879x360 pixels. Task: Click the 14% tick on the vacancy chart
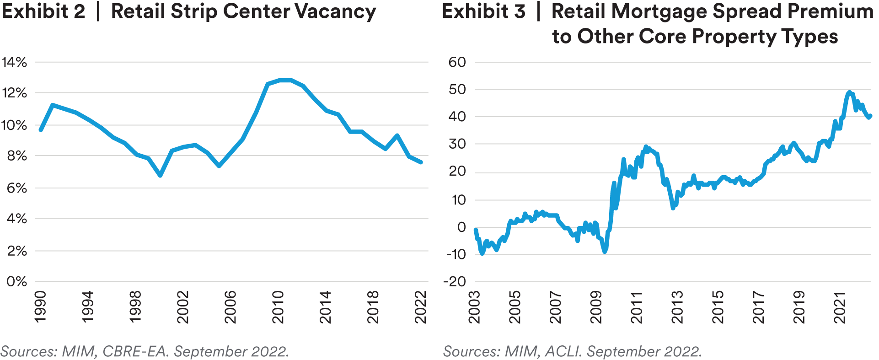pos(14,62)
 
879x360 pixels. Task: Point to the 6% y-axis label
pos(16,188)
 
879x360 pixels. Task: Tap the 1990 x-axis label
pos(40,306)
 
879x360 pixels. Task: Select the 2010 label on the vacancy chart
pos(278,306)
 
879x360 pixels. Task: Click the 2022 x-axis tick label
pos(420,306)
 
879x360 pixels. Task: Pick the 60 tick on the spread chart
pos(457,62)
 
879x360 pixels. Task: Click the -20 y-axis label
pos(454,282)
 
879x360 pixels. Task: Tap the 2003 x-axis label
pos(475,306)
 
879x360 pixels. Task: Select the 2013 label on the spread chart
pos(677,306)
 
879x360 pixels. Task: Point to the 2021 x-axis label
pos(840,306)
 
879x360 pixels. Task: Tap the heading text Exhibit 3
pos(483,12)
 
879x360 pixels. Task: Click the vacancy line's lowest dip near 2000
pos(160,175)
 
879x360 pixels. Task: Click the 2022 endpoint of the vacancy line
pos(421,162)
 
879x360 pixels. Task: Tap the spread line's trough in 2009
pos(605,251)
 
